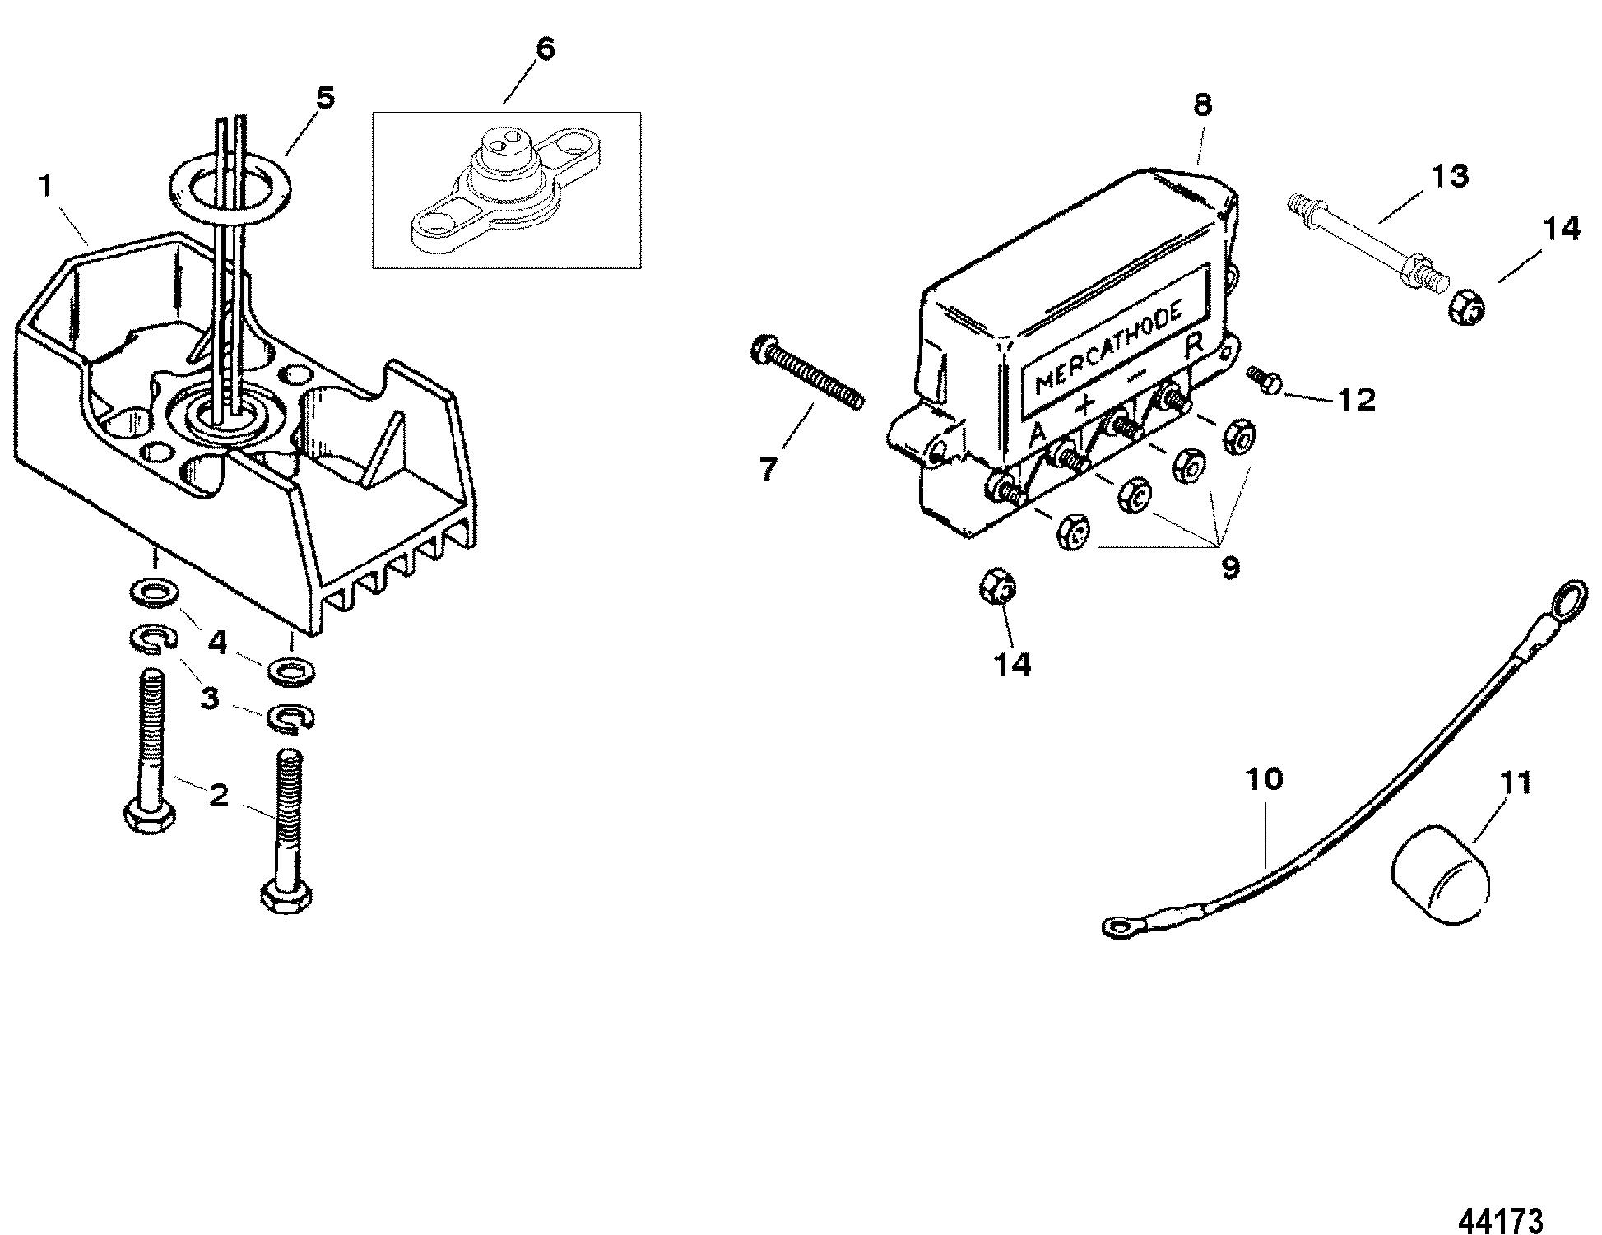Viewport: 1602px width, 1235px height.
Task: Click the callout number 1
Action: (x=46, y=186)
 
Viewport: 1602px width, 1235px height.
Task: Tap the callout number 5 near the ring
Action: (x=325, y=99)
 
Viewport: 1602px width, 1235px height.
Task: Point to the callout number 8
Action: (x=1202, y=105)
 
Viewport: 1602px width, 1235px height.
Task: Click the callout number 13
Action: (x=1449, y=176)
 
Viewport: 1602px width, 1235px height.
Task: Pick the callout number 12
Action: (x=1355, y=401)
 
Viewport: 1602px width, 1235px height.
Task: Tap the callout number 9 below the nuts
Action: (x=1230, y=568)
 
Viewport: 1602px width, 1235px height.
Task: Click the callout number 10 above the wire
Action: (x=1264, y=779)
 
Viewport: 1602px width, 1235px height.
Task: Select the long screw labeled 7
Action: (x=806, y=374)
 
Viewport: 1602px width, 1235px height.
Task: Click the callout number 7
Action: (x=768, y=469)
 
